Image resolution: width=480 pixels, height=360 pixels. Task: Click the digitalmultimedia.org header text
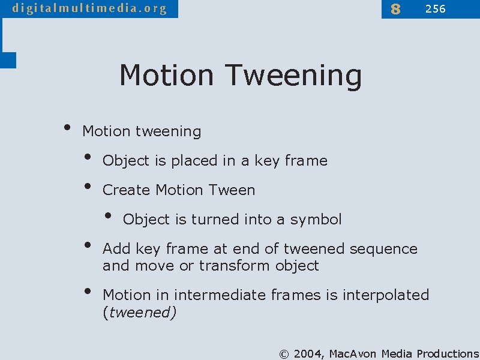pos(89,8)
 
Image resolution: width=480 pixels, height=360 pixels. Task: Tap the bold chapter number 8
pos(395,9)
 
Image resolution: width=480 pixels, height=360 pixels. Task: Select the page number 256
pos(435,9)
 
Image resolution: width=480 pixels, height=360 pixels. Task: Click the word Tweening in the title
pos(293,76)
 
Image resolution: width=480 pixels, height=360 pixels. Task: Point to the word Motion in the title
pos(166,76)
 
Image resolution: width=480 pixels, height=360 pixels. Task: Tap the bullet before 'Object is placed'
pos(89,158)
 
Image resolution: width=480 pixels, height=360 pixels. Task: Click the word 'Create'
pos(127,190)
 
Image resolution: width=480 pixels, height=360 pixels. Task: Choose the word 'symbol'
pos(316,220)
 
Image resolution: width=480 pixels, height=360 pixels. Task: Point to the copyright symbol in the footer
pos(284,354)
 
